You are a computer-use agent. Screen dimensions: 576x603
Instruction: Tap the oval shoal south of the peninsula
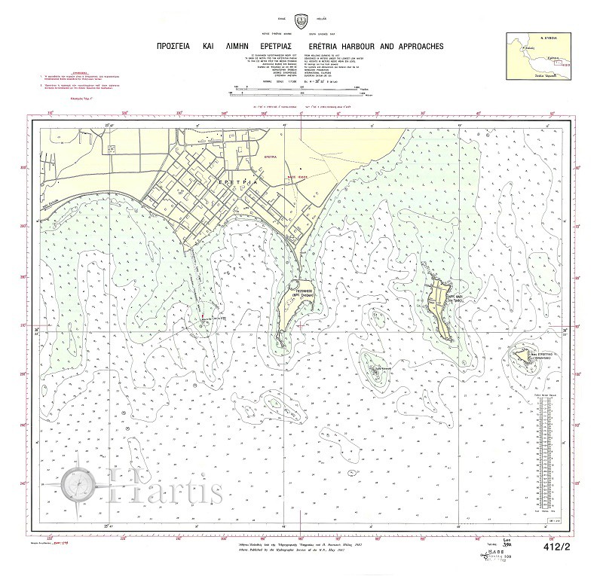tap(273, 402)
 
